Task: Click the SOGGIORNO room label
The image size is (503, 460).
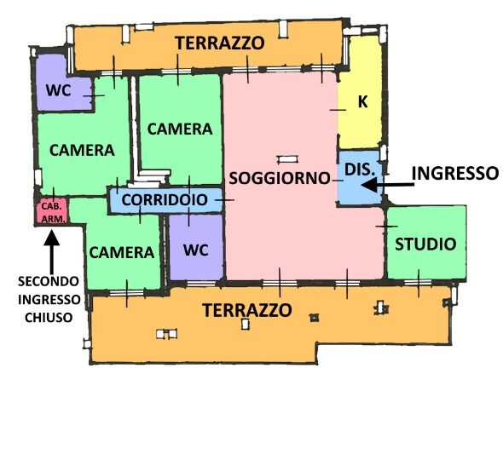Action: pyautogui.click(x=280, y=178)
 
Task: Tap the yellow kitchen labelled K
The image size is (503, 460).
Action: pyautogui.click(x=361, y=93)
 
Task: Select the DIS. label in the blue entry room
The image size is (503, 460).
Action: pyautogui.click(x=359, y=169)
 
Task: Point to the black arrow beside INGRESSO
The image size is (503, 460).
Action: pyautogui.click(x=388, y=185)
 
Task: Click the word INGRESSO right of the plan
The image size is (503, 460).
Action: pyautogui.click(x=455, y=174)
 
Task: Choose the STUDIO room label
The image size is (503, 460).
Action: pyautogui.click(x=425, y=244)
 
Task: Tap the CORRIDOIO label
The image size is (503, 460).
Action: pyautogui.click(x=165, y=200)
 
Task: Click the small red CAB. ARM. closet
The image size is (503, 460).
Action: pyautogui.click(x=52, y=211)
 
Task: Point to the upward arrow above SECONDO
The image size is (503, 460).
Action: pyautogui.click(x=52, y=251)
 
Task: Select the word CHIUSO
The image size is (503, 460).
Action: pyautogui.click(x=49, y=318)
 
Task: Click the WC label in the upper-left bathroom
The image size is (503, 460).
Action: pyautogui.click(x=58, y=90)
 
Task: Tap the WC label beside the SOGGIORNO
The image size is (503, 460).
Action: pyautogui.click(x=196, y=250)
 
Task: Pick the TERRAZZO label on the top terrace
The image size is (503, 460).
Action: pyautogui.click(x=220, y=43)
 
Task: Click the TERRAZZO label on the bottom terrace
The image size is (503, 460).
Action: pyautogui.click(x=247, y=310)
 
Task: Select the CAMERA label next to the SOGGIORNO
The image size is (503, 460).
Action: pyautogui.click(x=180, y=129)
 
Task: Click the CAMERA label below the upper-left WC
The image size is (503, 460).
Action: pyautogui.click(x=82, y=150)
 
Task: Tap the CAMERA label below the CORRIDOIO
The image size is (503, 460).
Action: pyautogui.click(x=122, y=253)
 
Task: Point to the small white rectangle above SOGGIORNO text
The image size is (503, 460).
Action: pyautogui.click(x=288, y=159)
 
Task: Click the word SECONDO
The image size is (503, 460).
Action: pyautogui.click(x=49, y=281)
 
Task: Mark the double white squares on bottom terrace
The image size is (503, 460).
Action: pyautogui.click(x=166, y=334)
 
